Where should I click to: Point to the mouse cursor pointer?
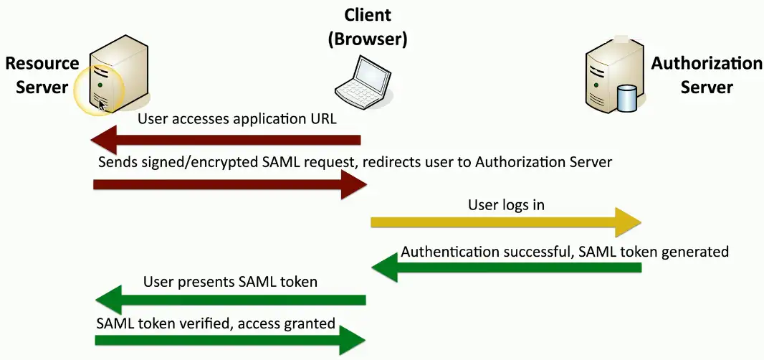click(102, 106)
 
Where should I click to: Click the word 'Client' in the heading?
click(367, 15)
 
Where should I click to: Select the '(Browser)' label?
click(367, 39)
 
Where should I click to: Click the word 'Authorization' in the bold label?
click(706, 63)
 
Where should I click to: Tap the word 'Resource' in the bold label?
click(42, 63)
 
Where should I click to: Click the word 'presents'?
click(209, 282)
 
